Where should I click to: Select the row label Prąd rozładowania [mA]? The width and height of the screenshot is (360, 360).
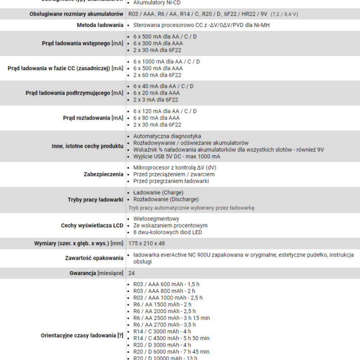coord(93,118)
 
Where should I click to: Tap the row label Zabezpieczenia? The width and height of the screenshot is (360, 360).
coord(103,174)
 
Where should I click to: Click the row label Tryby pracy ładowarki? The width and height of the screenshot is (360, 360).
coord(95,199)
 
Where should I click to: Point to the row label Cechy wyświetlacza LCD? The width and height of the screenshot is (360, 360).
coord(92,225)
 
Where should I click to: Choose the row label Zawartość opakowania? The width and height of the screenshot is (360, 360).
coord(94,258)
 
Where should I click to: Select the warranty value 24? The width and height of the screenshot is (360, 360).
coord(131,273)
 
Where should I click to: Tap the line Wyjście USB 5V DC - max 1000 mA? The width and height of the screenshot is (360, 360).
coord(176,157)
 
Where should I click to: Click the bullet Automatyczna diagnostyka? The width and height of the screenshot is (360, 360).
coord(167,136)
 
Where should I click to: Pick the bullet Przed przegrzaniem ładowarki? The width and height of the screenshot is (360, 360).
coord(171,181)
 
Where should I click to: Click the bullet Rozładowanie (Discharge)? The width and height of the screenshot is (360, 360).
coord(166,199)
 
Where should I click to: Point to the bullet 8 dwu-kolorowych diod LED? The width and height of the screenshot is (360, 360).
coord(167,232)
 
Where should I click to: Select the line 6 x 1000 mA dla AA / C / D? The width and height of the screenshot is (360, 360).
coord(166,62)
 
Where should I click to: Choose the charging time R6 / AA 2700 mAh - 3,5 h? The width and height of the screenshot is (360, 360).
coord(164,324)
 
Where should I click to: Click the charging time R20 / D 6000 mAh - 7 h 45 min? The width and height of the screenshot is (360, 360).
coord(171,351)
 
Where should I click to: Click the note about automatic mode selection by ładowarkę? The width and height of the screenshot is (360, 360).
coord(191,208)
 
